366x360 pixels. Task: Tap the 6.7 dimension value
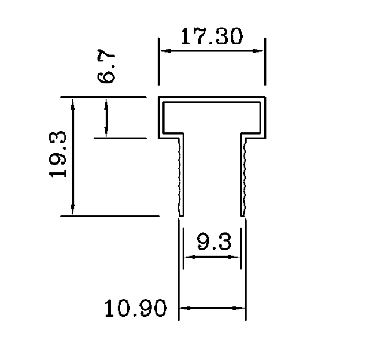tap(107, 67)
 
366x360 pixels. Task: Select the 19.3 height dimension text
tap(58, 155)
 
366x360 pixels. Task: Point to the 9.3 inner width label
tap(211, 242)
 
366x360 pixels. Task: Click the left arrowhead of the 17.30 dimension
tap(164, 51)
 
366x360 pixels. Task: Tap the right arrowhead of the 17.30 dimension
tap(261, 51)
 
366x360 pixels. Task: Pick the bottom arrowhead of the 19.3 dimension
tap(73, 211)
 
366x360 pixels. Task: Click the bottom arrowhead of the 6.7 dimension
tap(106, 133)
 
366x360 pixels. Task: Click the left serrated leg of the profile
tap(181, 173)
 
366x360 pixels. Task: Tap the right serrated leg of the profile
tap(243, 173)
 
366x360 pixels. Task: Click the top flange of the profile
tap(212, 99)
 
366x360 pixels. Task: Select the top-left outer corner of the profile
tap(159, 97)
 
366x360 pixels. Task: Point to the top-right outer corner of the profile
tap(265, 97)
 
